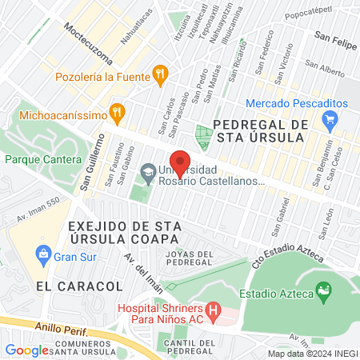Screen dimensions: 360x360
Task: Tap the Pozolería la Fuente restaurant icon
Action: pyautogui.click(x=160, y=77)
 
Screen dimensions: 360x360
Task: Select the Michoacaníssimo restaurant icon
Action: pyautogui.click(x=118, y=110)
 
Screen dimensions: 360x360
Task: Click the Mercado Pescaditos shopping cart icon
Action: pyautogui.click(x=329, y=121)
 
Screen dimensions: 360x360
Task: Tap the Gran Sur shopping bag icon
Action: pyautogui.click(x=45, y=257)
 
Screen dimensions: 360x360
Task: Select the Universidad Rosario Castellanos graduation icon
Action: pyautogui.click(x=147, y=171)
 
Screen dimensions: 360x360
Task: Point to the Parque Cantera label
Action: pyautogui.click(x=43, y=159)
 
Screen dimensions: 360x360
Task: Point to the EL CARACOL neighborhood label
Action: pyautogui.click(x=79, y=286)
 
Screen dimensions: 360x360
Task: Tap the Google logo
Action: pyautogui.click(x=27, y=350)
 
